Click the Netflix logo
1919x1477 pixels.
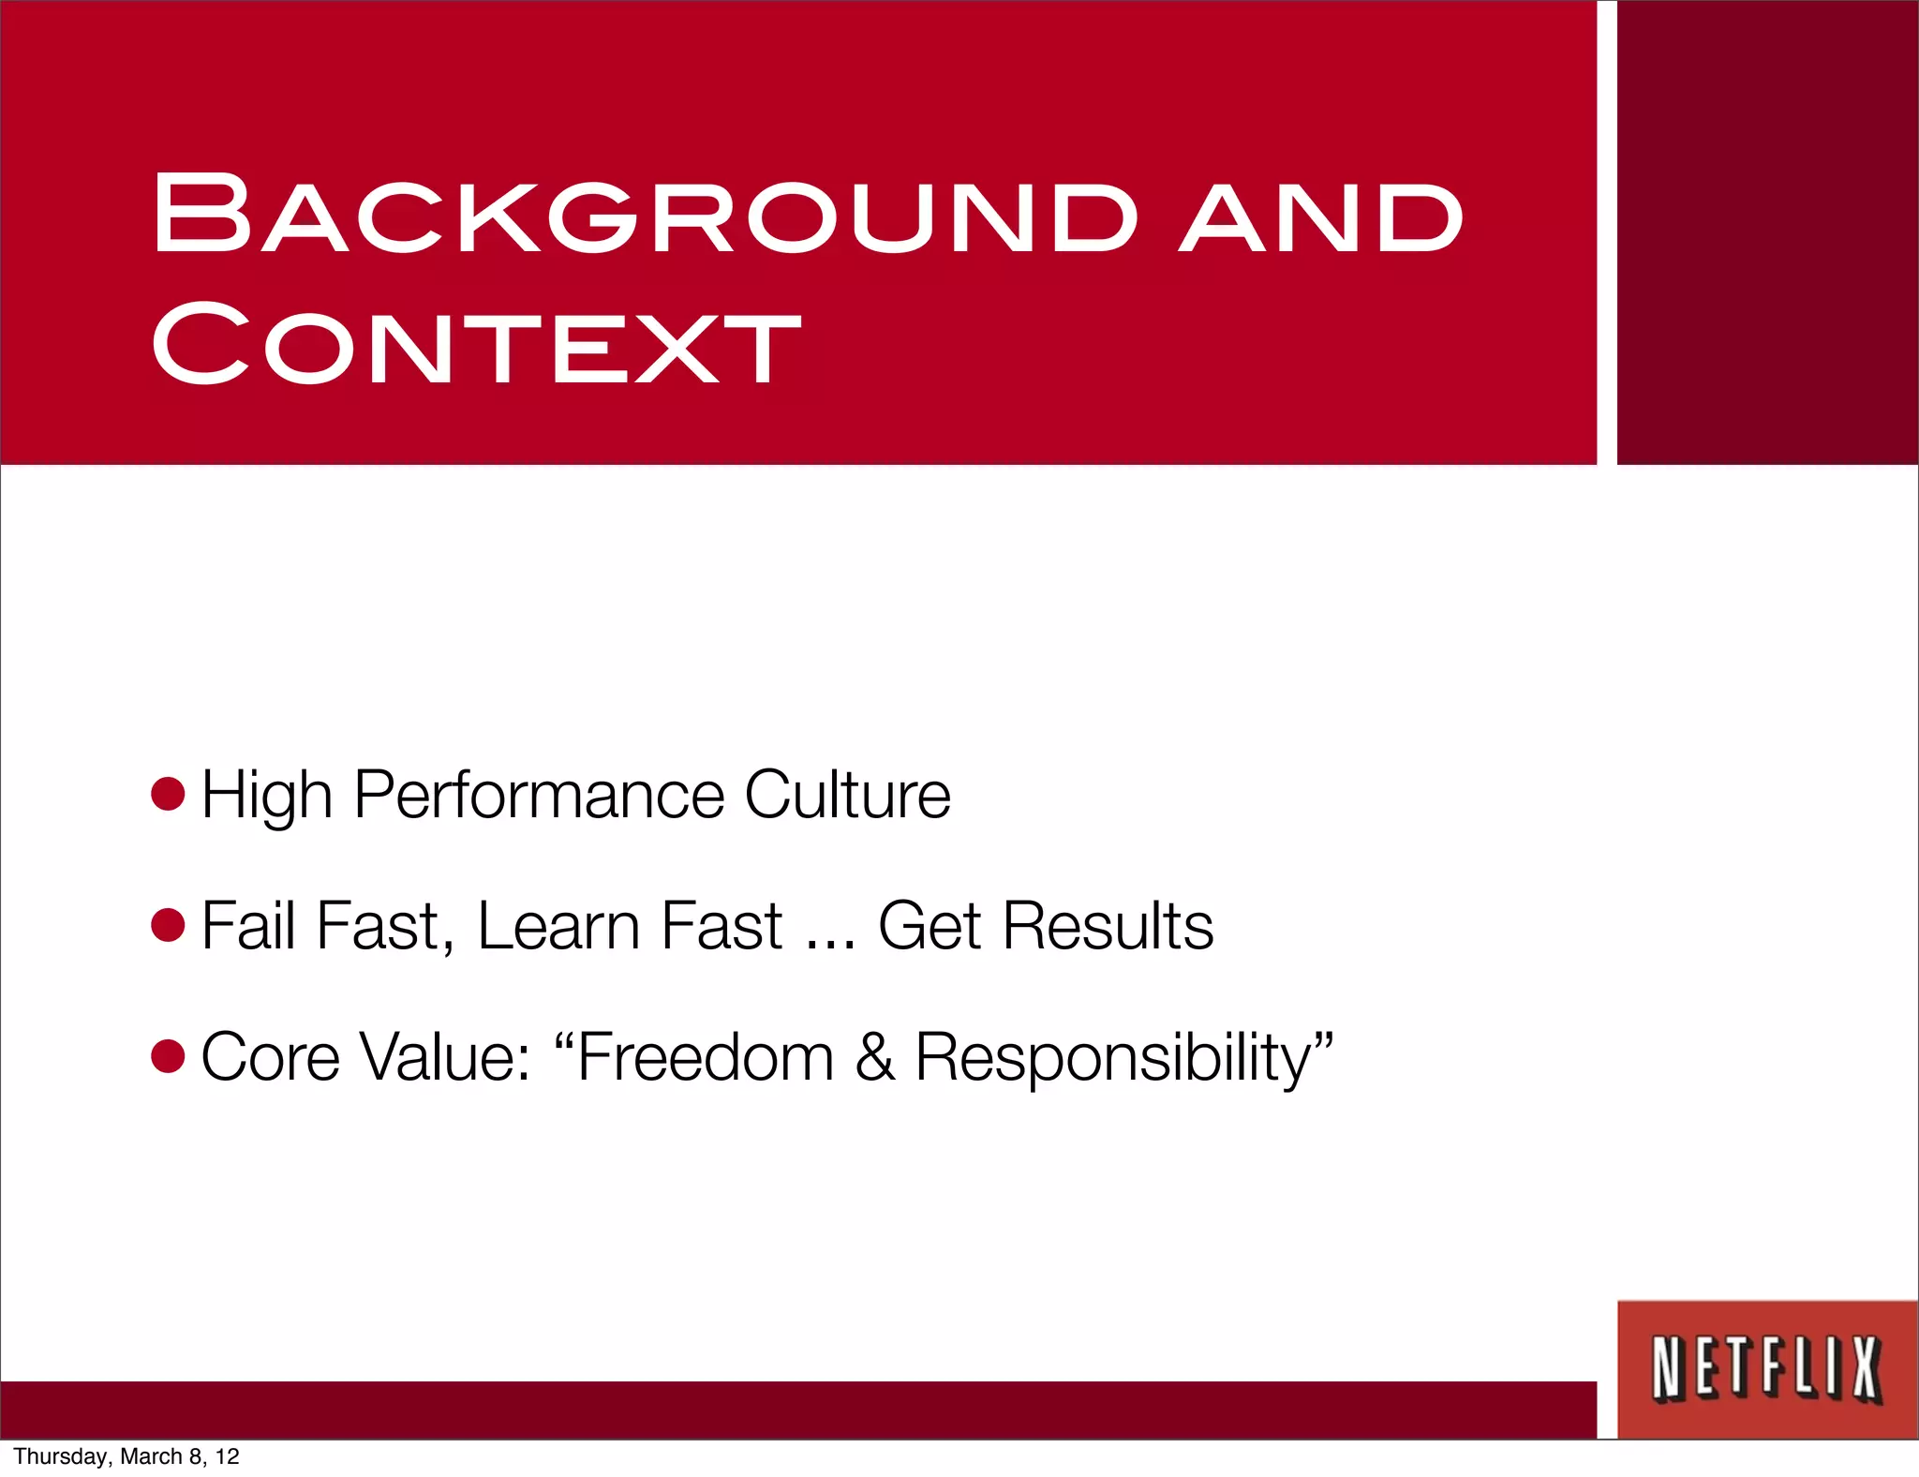point(1766,1369)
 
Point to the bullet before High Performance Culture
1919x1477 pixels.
point(169,794)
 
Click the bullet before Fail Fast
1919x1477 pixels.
point(169,926)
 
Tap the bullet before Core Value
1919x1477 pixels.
point(169,1057)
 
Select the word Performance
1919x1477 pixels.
point(539,796)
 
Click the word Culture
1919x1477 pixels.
point(847,795)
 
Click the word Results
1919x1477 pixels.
point(1108,926)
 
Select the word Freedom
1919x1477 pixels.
point(705,1057)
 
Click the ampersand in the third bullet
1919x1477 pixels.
point(874,1057)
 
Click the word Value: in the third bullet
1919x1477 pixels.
point(446,1057)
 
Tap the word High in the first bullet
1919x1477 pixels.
point(266,796)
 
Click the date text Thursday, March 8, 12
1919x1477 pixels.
point(126,1456)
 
